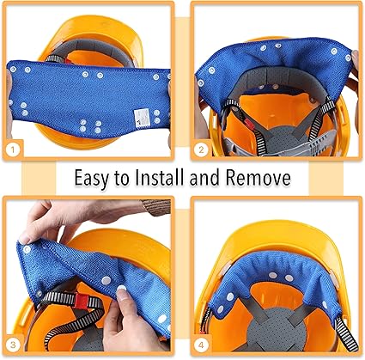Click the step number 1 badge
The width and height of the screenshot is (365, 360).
(x=12, y=149)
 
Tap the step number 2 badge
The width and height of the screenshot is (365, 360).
(x=201, y=149)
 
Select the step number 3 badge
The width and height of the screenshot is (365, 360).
(x=13, y=345)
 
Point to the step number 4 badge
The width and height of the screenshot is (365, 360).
(x=201, y=345)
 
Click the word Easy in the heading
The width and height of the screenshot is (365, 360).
(x=92, y=179)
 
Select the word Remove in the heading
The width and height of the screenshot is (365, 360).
(x=259, y=178)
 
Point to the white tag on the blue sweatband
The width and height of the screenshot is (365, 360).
(x=143, y=118)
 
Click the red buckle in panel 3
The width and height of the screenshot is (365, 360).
(x=82, y=301)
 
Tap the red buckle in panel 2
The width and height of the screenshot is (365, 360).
(x=249, y=123)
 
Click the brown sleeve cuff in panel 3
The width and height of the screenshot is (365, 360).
(x=156, y=207)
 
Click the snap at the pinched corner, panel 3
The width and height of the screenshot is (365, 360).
(x=27, y=249)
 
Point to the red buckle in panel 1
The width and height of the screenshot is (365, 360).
(x=68, y=61)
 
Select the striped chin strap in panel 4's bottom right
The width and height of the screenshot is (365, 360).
(x=346, y=333)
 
